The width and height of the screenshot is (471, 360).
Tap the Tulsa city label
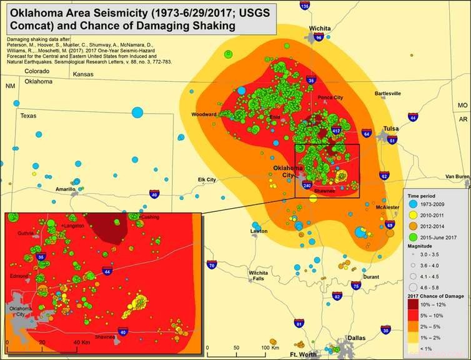pos(391,128)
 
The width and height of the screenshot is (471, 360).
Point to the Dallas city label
pos(356,337)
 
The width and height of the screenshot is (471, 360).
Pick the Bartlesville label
pos(387,93)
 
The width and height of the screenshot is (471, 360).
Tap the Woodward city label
pos(204,114)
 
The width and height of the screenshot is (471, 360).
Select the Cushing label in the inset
pos(150,217)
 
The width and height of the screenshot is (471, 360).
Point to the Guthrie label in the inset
pos(26,233)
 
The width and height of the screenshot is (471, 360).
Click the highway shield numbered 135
pos(304,6)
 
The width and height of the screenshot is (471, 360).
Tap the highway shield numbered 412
pos(335,130)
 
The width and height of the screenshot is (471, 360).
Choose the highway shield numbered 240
pos(307,186)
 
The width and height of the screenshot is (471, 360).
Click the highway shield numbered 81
pos(299,323)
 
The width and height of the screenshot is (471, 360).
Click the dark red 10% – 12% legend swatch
pos(414,304)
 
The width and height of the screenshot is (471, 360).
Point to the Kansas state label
pos(82,74)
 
